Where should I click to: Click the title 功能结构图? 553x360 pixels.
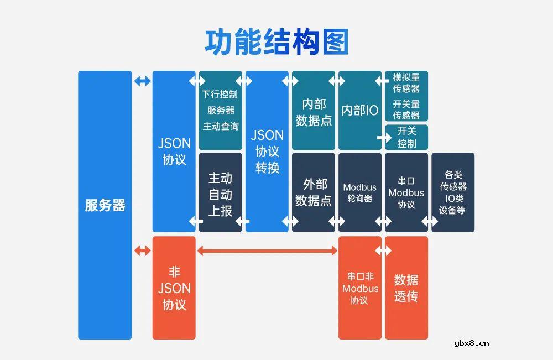pyautogui.click(x=276, y=42)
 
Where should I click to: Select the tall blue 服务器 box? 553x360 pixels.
pyautogui.click(x=105, y=205)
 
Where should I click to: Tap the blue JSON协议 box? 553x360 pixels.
pyautogui.click(x=174, y=151)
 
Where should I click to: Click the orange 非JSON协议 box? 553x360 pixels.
pyautogui.click(x=174, y=288)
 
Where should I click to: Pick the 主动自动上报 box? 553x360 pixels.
pyautogui.click(x=220, y=193)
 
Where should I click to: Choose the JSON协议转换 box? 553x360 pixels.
pyautogui.click(x=267, y=151)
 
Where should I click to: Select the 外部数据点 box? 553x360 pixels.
pyautogui.click(x=314, y=192)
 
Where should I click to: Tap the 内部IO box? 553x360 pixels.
pyautogui.click(x=360, y=111)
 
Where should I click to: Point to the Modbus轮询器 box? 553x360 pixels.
pyautogui.click(x=360, y=192)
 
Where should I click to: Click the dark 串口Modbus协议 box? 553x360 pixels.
pyautogui.click(x=406, y=192)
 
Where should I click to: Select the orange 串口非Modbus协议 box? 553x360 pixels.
pyautogui.click(x=360, y=288)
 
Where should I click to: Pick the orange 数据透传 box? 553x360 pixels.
pyautogui.click(x=406, y=288)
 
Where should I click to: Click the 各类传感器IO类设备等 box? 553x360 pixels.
pyautogui.click(x=453, y=192)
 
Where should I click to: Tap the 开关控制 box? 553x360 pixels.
pyautogui.click(x=408, y=137)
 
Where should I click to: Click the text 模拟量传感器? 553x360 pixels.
pyautogui.click(x=406, y=82)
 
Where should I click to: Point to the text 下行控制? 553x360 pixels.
pyautogui.click(x=220, y=94)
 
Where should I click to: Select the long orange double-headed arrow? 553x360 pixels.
pyautogui.click(x=267, y=251)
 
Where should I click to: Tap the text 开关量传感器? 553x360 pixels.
pyautogui.click(x=406, y=109)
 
